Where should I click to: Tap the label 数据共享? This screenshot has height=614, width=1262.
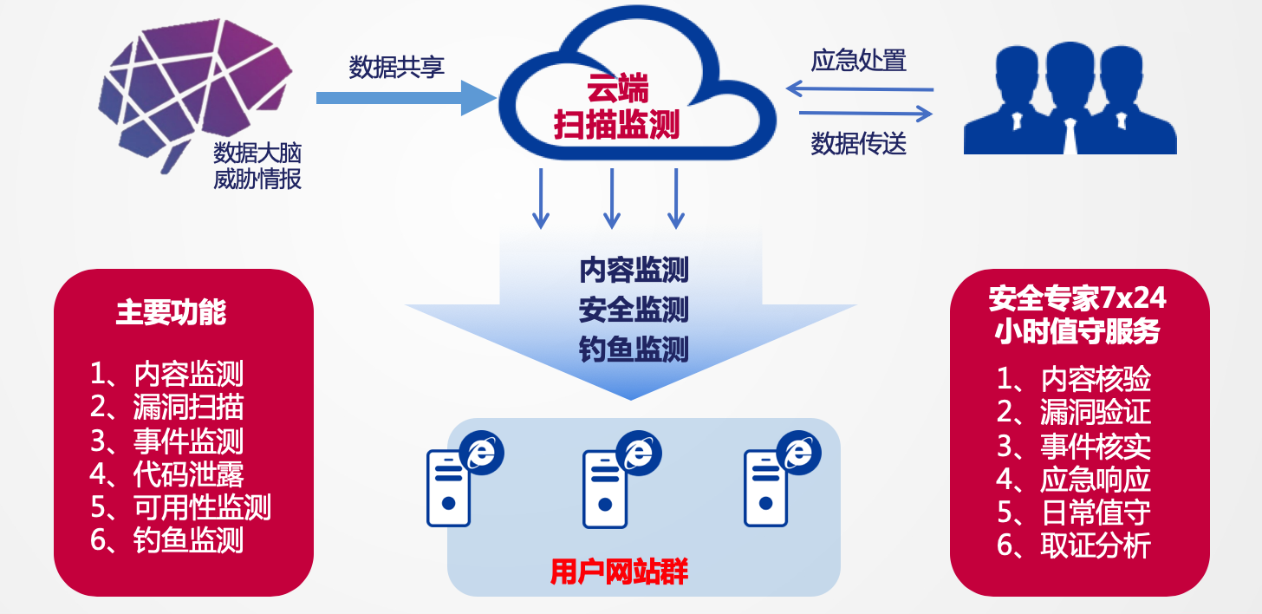tap(396, 68)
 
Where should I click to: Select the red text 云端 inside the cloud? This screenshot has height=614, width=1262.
tap(617, 89)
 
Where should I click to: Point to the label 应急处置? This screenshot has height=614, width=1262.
tap(858, 61)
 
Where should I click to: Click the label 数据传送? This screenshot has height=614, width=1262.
tap(858, 143)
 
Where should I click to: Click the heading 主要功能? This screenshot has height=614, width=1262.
tap(171, 313)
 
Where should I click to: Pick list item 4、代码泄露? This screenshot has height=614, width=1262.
tap(166, 474)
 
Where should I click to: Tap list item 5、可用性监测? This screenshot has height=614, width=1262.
tap(180, 506)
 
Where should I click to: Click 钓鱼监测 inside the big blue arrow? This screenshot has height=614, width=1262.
tap(634, 349)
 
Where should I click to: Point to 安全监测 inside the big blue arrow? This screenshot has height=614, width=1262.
tap(634, 309)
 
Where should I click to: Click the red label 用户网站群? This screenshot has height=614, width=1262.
tap(619, 573)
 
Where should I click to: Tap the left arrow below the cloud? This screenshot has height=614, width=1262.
tap(542, 198)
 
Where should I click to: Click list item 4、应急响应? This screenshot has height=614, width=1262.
tap(1074, 479)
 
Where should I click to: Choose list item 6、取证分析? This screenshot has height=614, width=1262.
tap(1074, 545)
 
